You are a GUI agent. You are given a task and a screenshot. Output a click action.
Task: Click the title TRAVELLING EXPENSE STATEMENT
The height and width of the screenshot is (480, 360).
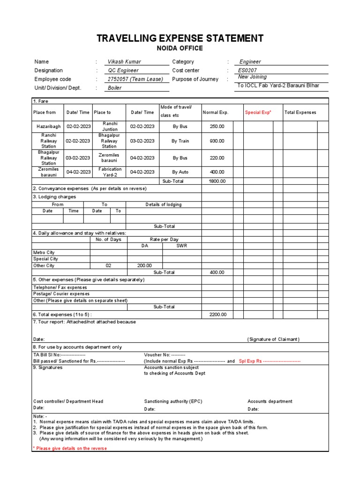pos(180,38)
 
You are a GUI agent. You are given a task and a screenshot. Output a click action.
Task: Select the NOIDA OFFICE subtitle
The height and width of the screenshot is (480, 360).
pos(180,48)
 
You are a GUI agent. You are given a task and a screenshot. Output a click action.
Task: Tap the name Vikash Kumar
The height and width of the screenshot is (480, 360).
pos(124,62)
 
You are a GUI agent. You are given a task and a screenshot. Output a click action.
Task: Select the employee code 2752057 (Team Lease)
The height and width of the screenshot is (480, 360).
pos(135,79)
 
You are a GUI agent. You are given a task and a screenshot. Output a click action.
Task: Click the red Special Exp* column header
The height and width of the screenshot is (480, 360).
pos(258,112)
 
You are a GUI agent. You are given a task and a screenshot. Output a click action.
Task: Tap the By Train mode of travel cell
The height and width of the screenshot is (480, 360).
pos(180,141)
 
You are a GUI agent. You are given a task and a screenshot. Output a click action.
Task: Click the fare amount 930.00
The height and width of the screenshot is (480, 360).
pos(217,141)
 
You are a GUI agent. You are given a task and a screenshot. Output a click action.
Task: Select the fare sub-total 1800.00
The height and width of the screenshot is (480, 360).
pos(217,181)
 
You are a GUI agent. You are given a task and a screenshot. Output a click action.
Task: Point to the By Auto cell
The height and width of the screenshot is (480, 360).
pos(180,172)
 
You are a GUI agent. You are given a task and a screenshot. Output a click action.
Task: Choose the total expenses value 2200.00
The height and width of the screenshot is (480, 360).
pos(217,315)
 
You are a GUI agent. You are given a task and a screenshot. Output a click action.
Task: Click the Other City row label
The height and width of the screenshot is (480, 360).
pos(44,266)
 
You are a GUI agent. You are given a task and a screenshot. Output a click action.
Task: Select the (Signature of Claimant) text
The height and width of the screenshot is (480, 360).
pos(273,339)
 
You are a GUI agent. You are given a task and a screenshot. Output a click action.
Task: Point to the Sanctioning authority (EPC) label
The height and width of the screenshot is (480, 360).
pos(173,402)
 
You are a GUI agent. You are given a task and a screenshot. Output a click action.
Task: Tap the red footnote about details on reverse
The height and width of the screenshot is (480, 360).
pos(70,449)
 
